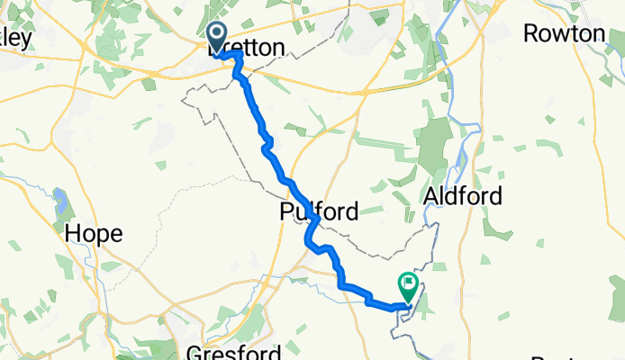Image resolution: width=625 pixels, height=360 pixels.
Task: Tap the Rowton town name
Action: click(x=564, y=34)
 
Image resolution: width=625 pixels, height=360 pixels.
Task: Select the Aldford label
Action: click(x=462, y=197)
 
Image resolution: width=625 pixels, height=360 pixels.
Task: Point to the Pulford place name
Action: click(x=318, y=213)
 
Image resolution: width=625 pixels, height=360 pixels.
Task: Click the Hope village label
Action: click(x=93, y=234)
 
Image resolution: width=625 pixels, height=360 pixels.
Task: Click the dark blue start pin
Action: click(x=217, y=37)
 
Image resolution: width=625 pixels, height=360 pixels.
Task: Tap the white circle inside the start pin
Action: click(x=217, y=33)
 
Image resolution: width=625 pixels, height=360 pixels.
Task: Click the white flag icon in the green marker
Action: click(x=410, y=283)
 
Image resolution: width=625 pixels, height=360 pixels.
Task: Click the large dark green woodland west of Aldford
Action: click(x=435, y=144)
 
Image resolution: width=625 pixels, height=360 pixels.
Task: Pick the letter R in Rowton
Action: click(x=530, y=34)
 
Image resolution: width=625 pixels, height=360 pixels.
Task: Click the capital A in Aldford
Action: click(x=431, y=197)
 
